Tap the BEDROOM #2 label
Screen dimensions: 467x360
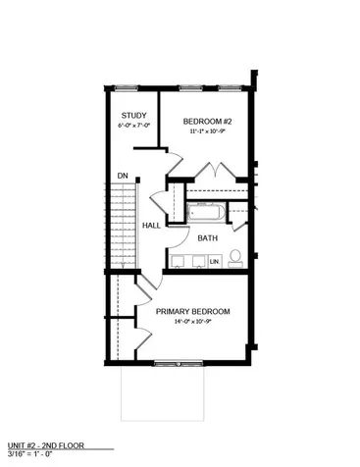click(208, 121)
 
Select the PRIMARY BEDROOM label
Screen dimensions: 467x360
click(192, 312)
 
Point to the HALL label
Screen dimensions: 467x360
click(151, 226)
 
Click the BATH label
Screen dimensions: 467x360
click(208, 238)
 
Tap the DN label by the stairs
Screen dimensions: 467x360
click(123, 177)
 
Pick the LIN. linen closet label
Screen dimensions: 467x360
click(214, 262)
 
